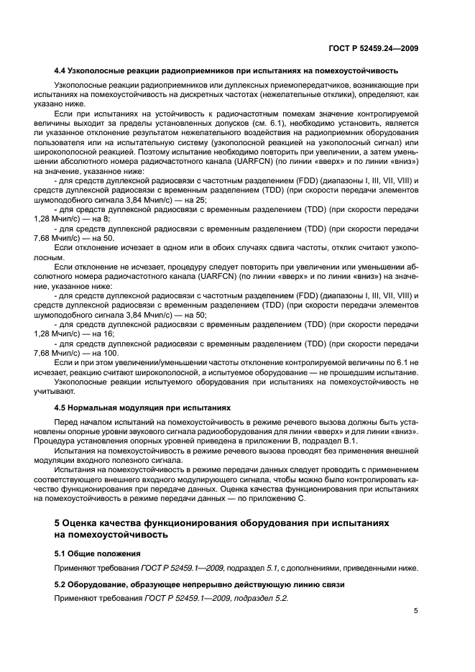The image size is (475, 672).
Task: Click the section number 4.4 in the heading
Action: click(60, 70)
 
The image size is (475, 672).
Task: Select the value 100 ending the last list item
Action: click(111, 352)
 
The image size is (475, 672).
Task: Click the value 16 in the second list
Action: click(105, 334)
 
